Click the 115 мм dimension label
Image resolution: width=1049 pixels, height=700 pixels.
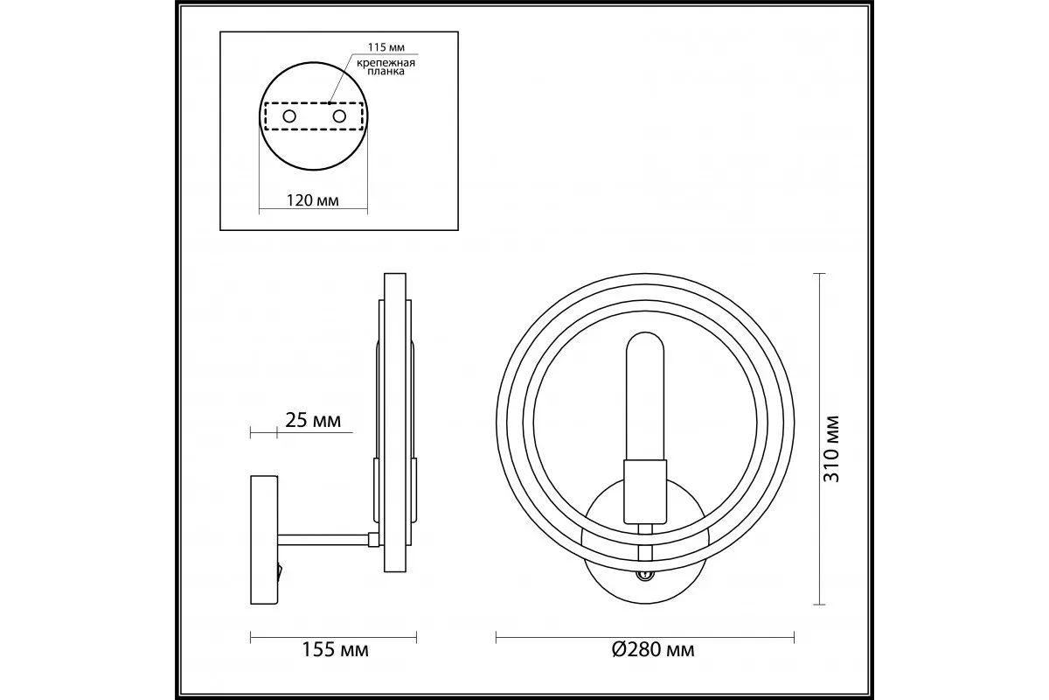pos(386,47)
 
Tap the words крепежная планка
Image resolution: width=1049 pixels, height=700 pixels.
pos(386,67)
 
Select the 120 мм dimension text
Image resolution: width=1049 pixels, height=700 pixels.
pos(312,200)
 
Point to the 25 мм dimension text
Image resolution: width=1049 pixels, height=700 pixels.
pos(313,421)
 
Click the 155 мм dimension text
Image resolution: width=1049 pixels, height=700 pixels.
pos(335,650)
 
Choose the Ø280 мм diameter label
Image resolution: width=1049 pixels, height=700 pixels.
pos(653,650)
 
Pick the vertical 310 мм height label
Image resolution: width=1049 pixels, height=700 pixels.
pos(831,449)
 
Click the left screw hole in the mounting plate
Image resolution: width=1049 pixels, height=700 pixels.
pos(289,116)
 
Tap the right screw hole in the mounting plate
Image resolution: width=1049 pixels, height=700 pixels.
pos(339,116)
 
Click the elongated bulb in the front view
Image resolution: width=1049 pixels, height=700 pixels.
pos(645,396)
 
